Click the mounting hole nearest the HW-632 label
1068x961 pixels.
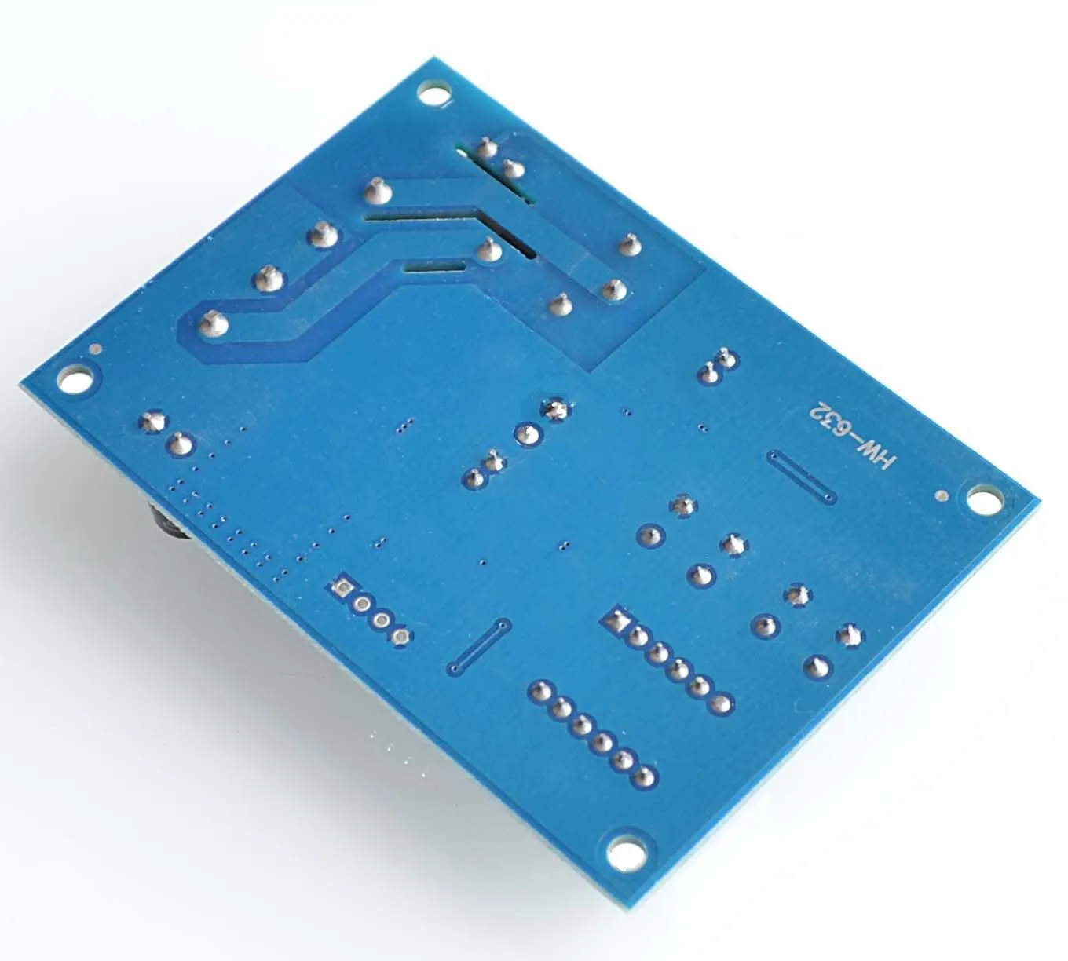[980, 500]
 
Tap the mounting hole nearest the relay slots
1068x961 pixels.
[434, 96]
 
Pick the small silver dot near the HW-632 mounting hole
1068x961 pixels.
[941, 496]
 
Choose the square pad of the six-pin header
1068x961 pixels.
[617, 619]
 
